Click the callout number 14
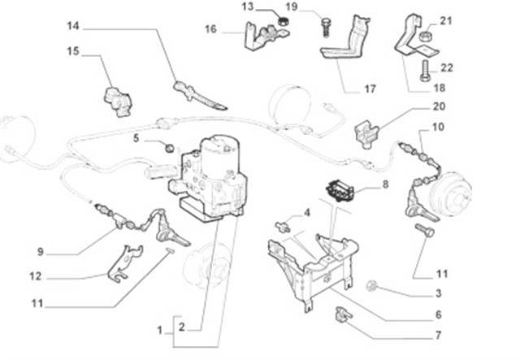(x=73, y=26)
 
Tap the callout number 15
(x=73, y=51)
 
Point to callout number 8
(x=385, y=184)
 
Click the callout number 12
(x=34, y=276)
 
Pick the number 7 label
(x=438, y=336)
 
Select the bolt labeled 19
(x=325, y=24)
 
